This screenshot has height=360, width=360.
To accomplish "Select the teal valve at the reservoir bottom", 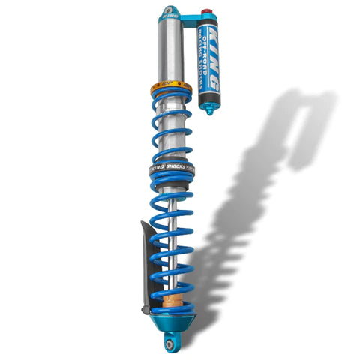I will pyautogui.click(x=208, y=108).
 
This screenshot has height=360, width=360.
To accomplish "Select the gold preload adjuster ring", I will pyautogui.click(x=173, y=84).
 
